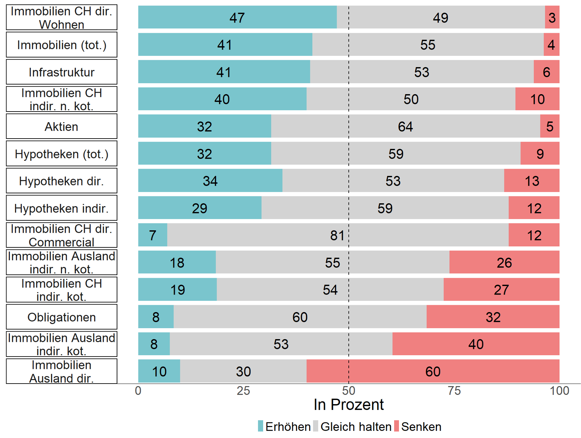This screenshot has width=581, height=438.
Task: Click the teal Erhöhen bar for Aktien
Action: click(x=204, y=126)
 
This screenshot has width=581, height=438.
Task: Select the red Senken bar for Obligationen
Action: click(x=493, y=317)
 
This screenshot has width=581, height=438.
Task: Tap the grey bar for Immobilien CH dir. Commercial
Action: click(x=337, y=235)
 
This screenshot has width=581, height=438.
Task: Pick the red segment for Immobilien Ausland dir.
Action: click(x=432, y=371)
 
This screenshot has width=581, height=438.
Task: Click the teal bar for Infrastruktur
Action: click(x=224, y=72)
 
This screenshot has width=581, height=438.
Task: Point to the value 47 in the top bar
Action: click(x=237, y=18)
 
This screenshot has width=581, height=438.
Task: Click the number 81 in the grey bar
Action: click(x=337, y=235)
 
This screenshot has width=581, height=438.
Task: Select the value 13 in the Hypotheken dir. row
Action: click(x=532, y=181)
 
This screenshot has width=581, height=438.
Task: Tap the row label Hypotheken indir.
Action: click(x=62, y=208)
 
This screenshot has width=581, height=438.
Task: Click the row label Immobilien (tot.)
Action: click(x=62, y=45)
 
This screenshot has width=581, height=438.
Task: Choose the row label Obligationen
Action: click(x=62, y=317)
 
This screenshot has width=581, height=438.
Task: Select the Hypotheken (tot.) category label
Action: click(x=62, y=154)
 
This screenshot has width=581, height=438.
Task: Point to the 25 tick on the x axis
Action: click(x=243, y=391)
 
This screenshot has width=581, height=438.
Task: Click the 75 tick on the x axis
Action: click(x=454, y=391)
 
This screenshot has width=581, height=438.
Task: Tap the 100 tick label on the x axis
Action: click(x=559, y=391)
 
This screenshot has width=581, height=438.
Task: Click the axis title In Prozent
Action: click(x=349, y=405)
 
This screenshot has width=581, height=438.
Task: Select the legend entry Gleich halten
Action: click(x=356, y=427)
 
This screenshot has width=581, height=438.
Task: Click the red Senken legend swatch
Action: click(x=397, y=426)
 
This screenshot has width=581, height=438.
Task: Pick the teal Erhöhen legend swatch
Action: click(x=261, y=426)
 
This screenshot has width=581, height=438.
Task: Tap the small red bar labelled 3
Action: click(x=552, y=17)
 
